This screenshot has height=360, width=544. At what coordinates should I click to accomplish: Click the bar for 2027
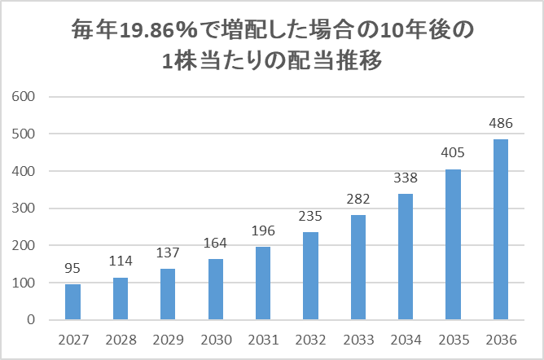point(72,301)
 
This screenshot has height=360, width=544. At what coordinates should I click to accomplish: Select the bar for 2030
point(216,289)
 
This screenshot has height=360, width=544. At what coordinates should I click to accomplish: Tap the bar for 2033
point(358,267)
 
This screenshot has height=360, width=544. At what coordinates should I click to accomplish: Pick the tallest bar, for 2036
point(500,230)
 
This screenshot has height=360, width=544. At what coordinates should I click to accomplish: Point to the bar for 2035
point(453,244)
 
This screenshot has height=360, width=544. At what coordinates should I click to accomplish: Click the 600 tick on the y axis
point(24,97)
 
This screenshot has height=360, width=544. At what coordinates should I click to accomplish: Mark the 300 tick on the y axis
point(24,209)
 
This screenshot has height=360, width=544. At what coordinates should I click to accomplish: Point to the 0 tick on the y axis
point(30,320)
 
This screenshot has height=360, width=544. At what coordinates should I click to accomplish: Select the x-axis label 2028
point(120,339)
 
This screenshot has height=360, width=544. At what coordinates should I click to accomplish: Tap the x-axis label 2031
point(263,339)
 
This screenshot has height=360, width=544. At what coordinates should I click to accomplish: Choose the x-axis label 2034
point(406,339)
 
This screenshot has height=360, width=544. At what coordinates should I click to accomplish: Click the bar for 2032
point(310,276)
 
